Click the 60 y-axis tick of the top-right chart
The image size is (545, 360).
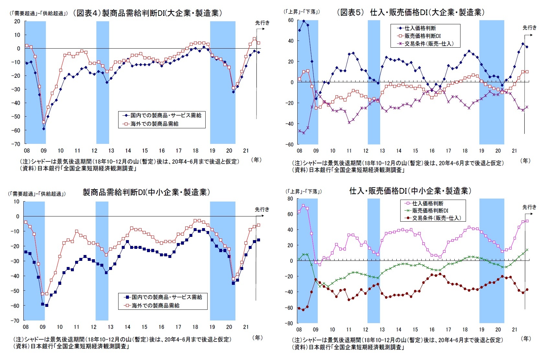290,20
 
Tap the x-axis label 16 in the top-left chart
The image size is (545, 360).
162,150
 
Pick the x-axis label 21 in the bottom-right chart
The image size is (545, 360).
515,330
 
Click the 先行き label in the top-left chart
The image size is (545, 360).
262,23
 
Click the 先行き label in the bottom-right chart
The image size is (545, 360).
529,207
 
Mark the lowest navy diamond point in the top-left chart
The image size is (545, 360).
44,129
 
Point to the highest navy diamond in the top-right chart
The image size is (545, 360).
303,21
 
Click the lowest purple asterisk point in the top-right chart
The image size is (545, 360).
303,133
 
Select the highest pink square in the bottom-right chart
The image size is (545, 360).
303,205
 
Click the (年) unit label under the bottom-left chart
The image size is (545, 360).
257,338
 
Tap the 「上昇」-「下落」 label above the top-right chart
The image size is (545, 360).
302,12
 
